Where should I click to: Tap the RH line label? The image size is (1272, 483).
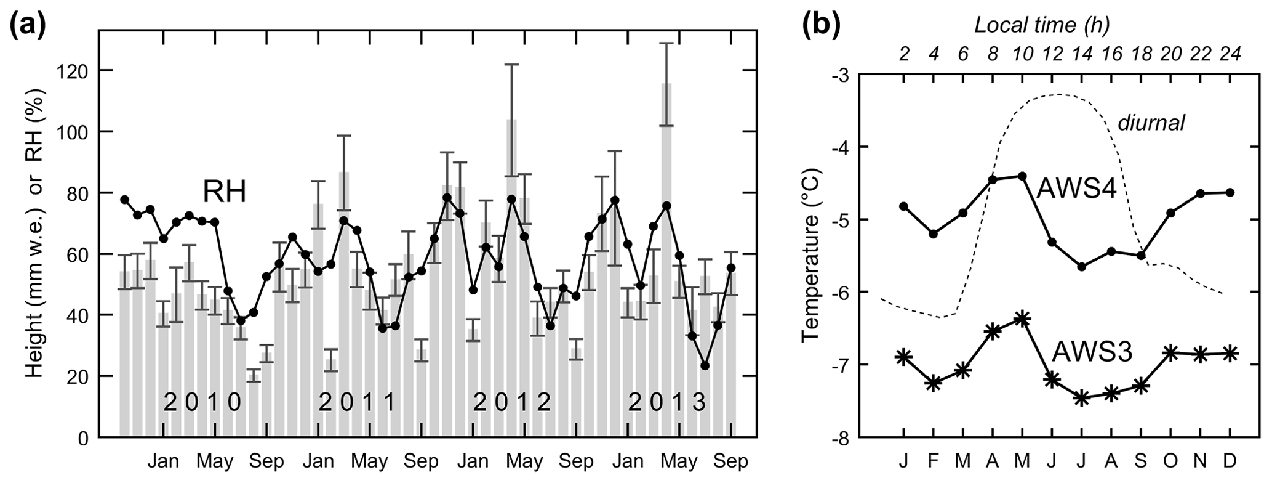click(225, 192)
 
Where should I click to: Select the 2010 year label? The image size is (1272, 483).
click(202, 404)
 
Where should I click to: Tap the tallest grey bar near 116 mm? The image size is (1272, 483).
click(666, 259)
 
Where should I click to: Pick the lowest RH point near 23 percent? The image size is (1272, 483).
click(705, 366)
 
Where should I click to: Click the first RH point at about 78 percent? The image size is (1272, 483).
click(124, 200)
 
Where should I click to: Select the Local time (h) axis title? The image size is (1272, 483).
click(1041, 26)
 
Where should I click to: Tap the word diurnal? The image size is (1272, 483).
click(1151, 123)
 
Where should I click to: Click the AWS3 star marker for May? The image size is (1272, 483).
click(1022, 319)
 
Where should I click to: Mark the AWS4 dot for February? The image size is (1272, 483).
click(934, 234)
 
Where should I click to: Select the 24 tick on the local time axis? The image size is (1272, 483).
click(1229, 54)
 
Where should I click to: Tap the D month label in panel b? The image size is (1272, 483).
click(1230, 461)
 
